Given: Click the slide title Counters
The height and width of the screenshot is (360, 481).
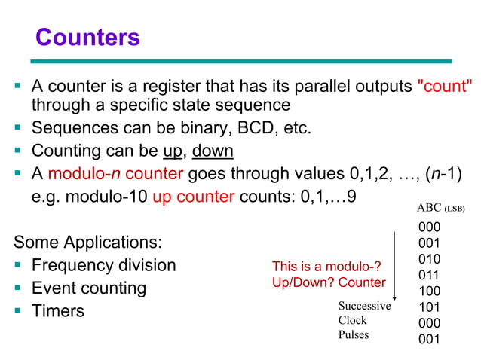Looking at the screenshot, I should (87, 37).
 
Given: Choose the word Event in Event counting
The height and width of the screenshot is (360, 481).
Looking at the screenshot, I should (54, 288).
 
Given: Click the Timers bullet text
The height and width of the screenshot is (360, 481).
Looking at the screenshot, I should (58, 310).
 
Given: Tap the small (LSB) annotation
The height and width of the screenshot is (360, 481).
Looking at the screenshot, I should (454, 209).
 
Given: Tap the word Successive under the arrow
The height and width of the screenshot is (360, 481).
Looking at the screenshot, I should (364, 306).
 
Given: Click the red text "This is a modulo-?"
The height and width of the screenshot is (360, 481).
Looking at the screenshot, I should (326, 267).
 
